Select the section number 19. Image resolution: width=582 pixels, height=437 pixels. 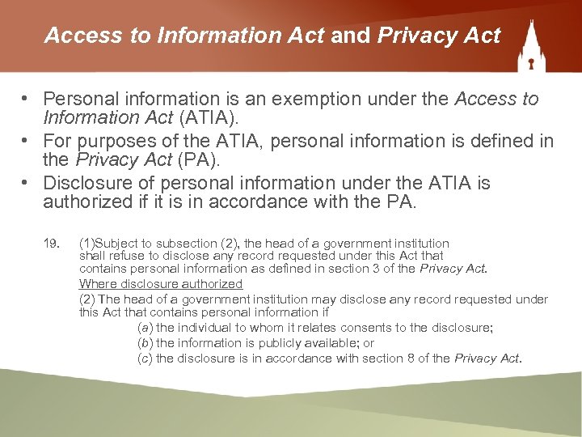point(50,243)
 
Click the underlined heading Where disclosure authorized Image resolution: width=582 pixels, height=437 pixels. point(160,284)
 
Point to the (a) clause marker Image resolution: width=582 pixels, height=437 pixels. point(145,328)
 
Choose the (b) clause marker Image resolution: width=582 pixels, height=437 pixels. point(145,343)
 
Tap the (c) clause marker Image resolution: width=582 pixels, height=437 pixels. point(145,359)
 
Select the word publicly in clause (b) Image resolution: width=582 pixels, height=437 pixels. point(263,343)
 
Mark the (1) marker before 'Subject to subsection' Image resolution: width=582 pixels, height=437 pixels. point(86,243)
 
